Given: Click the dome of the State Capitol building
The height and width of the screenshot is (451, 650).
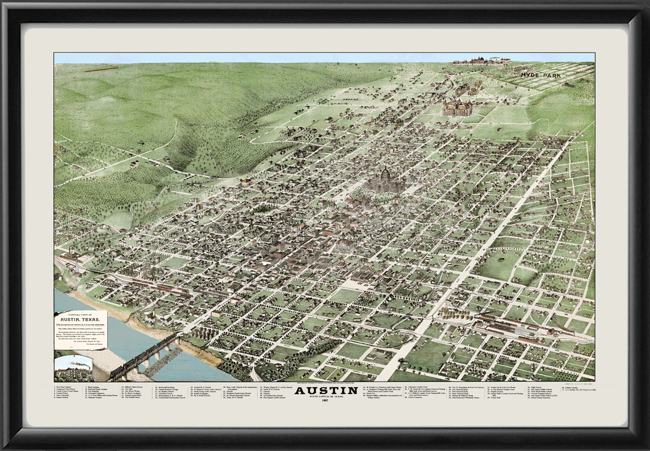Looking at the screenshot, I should click(x=385, y=174).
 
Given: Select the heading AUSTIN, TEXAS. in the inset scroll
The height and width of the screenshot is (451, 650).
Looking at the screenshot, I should click(x=81, y=320).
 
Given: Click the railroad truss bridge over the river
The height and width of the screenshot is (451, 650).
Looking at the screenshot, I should click(x=143, y=358).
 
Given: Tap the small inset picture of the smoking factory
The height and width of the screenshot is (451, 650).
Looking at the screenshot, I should click(x=73, y=368).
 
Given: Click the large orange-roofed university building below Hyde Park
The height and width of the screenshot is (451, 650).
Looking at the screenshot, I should click(x=458, y=108).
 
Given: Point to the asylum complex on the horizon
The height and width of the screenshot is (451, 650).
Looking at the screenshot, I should click(x=481, y=60).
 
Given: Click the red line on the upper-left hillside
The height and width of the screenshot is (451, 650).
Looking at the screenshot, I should click(x=101, y=69).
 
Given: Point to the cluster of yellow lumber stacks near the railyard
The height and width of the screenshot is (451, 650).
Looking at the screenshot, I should click(x=454, y=314).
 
